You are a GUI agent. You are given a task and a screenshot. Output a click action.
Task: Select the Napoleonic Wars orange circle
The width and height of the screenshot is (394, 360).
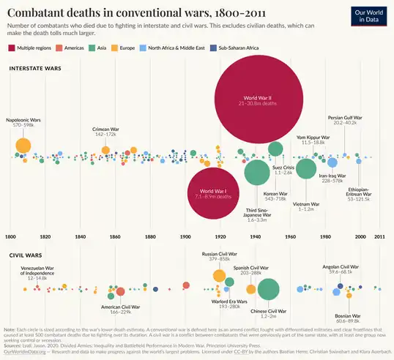pos(23,146)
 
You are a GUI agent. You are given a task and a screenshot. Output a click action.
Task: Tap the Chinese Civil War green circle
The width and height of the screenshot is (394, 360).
pos(268,289)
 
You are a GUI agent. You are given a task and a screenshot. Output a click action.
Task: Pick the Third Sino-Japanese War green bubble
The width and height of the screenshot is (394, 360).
pos(256,173)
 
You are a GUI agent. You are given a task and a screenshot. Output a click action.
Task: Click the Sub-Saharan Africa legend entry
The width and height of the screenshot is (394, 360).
pos(237,48)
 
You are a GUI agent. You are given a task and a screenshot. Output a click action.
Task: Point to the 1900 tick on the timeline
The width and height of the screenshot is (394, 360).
pos(185,237)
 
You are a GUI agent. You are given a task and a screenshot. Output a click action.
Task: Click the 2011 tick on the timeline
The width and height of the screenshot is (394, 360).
pos(379,237)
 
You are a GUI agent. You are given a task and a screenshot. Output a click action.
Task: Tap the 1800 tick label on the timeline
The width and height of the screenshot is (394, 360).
pos(10,237)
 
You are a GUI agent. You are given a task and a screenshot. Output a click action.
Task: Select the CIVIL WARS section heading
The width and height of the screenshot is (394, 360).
pos(25,256)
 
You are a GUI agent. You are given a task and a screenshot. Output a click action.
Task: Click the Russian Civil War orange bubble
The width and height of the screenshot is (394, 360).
pos(219,276)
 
